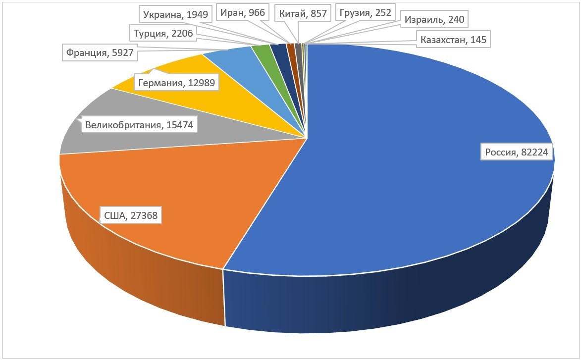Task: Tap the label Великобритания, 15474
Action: point(139,125)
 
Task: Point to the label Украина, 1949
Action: point(176,14)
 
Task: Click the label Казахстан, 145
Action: point(453,40)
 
